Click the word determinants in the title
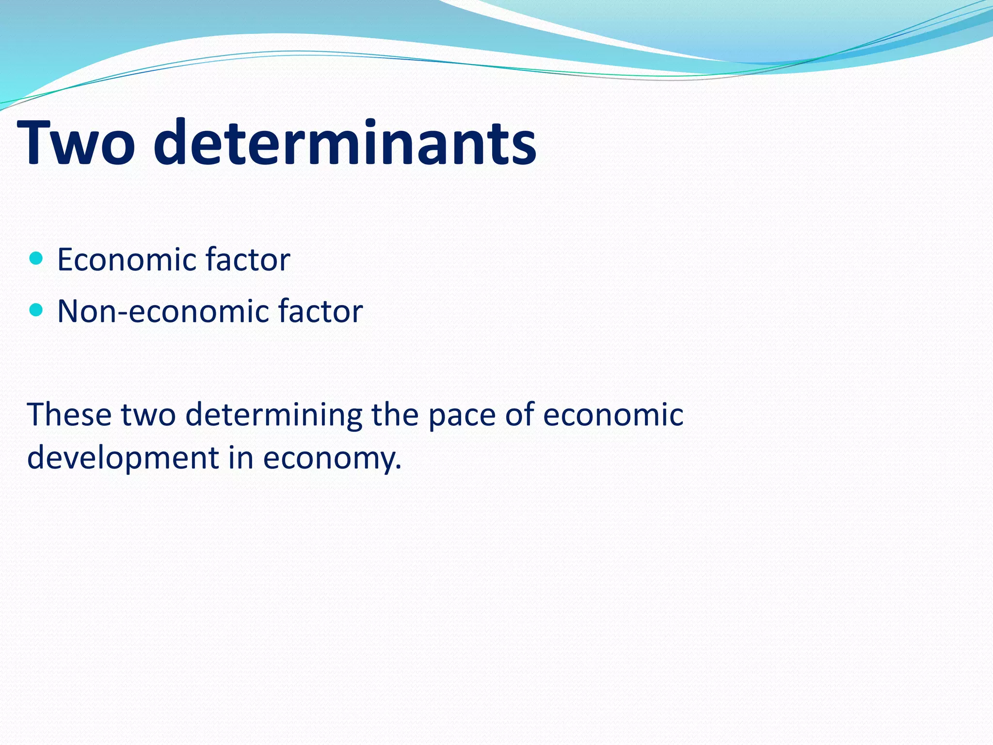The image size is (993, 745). (345, 143)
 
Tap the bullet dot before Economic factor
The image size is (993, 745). (36, 258)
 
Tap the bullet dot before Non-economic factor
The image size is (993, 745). (36, 309)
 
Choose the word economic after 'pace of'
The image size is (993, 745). (613, 415)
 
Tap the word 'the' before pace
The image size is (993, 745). (395, 415)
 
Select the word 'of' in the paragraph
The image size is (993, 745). (519, 415)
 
